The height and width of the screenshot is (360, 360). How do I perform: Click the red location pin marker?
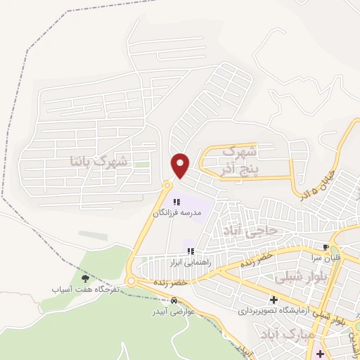point(181,165)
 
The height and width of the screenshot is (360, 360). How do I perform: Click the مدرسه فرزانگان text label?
point(177,212)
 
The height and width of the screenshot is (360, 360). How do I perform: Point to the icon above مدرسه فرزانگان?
point(176,202)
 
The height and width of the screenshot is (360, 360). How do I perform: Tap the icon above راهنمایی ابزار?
point(191,251)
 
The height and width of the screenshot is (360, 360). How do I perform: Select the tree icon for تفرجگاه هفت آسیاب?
point(86,280)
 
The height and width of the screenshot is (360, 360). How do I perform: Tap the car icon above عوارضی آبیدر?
point(164,301)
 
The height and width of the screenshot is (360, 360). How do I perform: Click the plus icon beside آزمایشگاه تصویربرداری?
point(274,301)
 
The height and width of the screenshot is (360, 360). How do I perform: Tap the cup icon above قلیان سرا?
point(325,247)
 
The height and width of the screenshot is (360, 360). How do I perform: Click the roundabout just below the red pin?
point(167,185)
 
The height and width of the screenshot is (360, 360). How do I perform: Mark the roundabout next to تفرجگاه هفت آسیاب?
point(131,281)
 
